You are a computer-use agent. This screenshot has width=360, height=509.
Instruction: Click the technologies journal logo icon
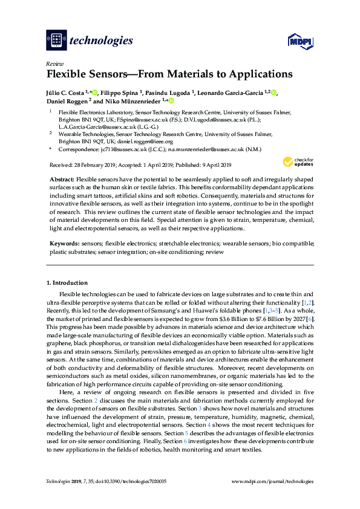click(56, 41)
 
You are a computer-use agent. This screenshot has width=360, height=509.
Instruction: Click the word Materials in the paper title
click(162, 75)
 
